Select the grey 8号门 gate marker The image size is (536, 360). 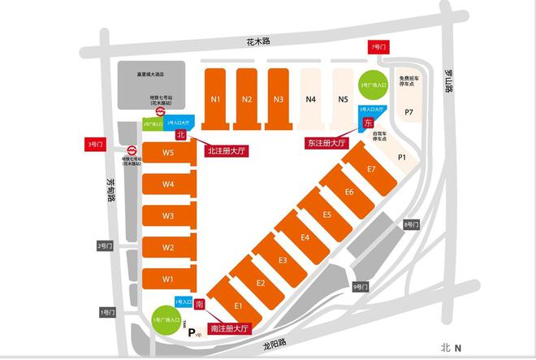tap(411, 224)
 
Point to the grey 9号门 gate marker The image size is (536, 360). tap(360, 287)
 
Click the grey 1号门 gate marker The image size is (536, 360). tap(106, 312)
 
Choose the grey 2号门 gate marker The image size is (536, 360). tap(104, 245)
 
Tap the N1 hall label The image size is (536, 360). tap(215, 100)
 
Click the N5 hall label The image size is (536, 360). tap(344, 100)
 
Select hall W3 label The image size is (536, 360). tap(168, 216)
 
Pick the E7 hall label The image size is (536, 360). tap(370, 169)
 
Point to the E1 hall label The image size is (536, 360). tap(239, 305)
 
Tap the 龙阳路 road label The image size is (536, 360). tap(276, 344)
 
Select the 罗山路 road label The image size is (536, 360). tap(447, 81)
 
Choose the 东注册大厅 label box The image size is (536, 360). tap(326, 142)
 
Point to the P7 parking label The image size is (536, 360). tap(408, 111)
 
